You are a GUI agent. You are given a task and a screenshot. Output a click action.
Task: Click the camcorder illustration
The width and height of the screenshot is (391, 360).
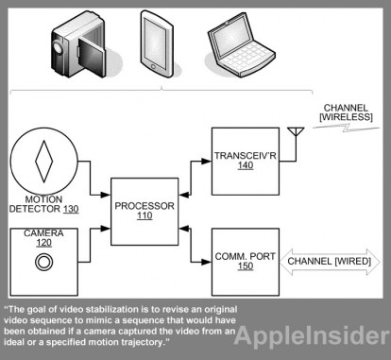coord(78,44)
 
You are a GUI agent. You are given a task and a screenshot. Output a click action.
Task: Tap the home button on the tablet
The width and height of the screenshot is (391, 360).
coord(153,67)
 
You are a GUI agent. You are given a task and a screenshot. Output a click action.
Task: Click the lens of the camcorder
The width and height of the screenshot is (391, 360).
coord(58,47)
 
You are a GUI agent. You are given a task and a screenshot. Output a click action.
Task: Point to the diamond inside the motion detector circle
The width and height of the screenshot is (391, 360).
coord(43,162)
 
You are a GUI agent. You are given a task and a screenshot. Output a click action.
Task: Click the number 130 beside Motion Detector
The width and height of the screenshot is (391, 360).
coord(71,209)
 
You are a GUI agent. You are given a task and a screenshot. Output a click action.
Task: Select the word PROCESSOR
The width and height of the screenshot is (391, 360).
coord(144,206)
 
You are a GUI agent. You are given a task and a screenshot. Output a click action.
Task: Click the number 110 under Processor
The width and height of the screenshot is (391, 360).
coord(144,215)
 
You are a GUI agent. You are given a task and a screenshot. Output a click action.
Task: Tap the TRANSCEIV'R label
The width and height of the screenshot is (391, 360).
coord(246,156)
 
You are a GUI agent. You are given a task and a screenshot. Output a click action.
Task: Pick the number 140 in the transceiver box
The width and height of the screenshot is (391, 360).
coord(246,165)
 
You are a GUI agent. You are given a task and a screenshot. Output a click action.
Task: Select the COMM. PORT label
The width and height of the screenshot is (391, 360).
coord(246,256)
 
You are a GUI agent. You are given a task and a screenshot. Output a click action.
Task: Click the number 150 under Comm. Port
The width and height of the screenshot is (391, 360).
coord(246,266)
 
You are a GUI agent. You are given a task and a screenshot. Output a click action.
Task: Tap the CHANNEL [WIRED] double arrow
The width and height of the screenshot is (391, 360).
coord(330,262)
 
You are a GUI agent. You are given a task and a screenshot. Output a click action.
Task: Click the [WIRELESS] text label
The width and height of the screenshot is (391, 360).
coord(346,117)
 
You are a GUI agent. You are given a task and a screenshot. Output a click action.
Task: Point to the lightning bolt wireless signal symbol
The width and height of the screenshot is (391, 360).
coord(347,127)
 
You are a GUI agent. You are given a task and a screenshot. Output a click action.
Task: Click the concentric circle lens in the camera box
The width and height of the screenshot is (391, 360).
coord(43,262)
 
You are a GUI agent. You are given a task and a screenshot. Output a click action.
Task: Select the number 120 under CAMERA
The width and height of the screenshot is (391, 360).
coord(43,243)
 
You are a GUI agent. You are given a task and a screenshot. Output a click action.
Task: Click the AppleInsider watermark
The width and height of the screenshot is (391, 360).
coord(312,335)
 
